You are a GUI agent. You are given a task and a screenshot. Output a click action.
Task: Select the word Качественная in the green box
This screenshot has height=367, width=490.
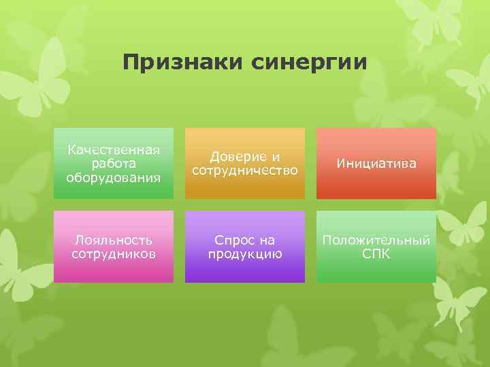(x=113, y=150)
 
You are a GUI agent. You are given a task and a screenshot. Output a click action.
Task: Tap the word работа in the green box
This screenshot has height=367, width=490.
(x=113, y=164)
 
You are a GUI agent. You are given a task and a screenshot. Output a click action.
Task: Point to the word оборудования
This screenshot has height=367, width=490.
(x=113, y=178)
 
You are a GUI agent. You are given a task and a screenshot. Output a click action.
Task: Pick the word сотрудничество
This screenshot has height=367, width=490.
(x=245, y=171)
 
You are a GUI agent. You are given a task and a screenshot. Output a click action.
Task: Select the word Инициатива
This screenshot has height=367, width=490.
(x=376, y=164)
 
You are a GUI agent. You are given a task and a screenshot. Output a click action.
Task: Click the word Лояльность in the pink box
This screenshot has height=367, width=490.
(x=113, y=240)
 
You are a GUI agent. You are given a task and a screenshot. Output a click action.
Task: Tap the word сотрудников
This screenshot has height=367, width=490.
(x=113, y=254)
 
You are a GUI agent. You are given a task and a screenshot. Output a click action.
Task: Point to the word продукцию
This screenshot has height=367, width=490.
(x=245, y=254)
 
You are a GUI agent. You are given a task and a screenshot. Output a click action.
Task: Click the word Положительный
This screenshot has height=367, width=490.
(x=376, y=240)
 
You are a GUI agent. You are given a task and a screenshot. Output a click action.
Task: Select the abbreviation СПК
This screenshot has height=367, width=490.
(x=376, y=254)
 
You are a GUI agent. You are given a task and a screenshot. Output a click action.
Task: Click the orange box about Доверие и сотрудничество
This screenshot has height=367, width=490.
(x=245, y=187)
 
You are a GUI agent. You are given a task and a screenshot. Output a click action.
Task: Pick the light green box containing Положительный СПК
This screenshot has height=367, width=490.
(x=376, y=270)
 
